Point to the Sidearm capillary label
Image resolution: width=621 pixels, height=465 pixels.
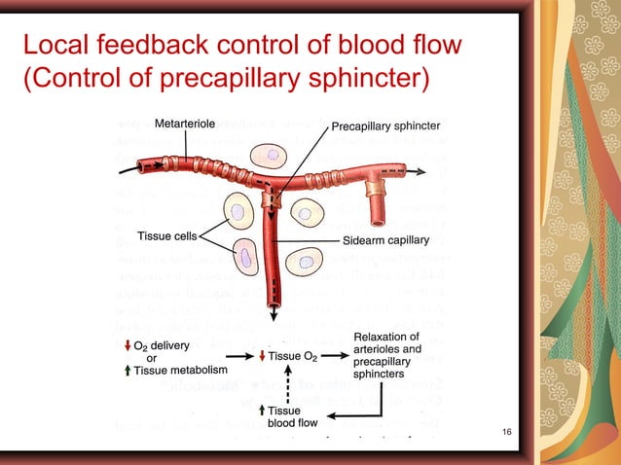(385, 239)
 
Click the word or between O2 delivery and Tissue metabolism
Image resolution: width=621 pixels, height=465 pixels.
(151, 357)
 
